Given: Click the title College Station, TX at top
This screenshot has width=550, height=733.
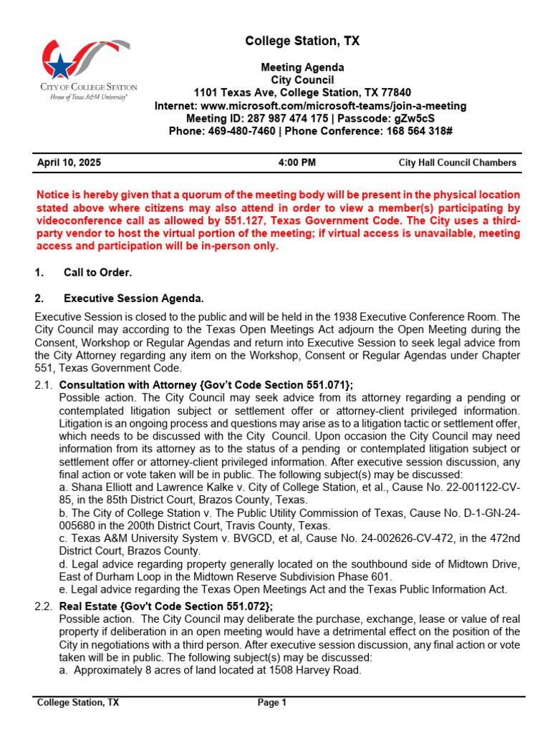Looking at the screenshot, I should tap(302, 42).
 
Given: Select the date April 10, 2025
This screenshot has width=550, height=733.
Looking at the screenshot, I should tap(69, 162).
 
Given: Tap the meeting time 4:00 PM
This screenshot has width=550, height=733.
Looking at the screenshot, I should tap(296, 162).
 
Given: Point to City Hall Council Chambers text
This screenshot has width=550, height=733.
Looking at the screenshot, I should tap(457, 162).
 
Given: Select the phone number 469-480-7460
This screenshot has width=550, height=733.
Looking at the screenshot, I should tap(242, 131).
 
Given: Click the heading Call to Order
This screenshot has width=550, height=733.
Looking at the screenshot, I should tap(97, 273).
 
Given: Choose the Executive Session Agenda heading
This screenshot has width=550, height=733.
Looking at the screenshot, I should tap(134, 298).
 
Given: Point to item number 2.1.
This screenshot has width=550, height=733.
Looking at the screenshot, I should tap(44, 385).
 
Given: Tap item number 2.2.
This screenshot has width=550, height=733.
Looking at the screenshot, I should tap(44, 606).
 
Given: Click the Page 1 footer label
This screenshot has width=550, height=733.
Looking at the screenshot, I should tap(272, 702).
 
